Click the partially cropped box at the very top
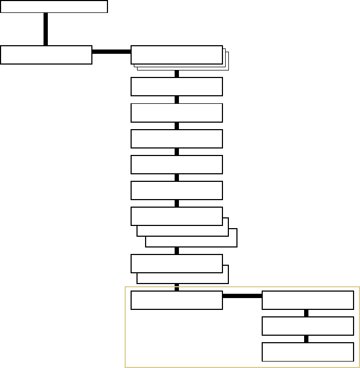[x=54, y=6]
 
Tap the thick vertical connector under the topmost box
[x=46, y=29]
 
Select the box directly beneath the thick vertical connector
[x=46, y=55]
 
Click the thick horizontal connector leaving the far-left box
[x=111, y=52]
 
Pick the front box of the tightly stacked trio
[x=176, y=55]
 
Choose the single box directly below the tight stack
[x=176, y=87]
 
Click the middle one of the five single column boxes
[x=176, y=138]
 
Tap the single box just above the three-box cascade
[x=176, y=190]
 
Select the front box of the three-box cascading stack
[x=176, y=216]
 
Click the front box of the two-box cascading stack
[x=176, y=263]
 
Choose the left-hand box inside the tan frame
[x=176, y=300]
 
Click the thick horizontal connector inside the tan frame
[x=242, y=296]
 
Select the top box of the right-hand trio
[x=307, y=300]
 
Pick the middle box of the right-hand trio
[x=307, y=326]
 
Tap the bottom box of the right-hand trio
[x=307, y=352]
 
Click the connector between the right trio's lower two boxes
[x=307, y=339]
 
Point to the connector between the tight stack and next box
[x=177, y=74]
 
